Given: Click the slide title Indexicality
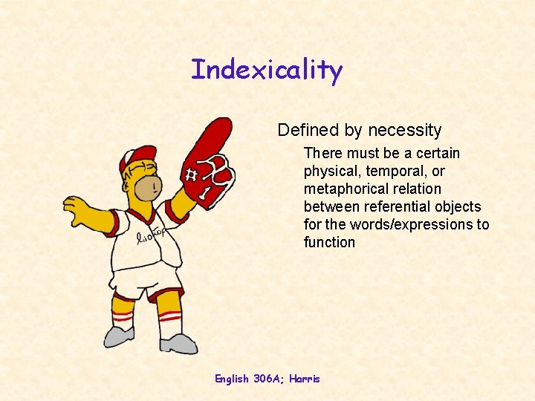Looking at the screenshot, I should [267, 70].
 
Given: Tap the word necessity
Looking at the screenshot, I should [405, 130].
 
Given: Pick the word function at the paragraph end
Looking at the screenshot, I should [329, 242].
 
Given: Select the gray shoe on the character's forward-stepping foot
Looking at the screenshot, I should [178, 344].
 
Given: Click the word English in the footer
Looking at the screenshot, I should [232, 379].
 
